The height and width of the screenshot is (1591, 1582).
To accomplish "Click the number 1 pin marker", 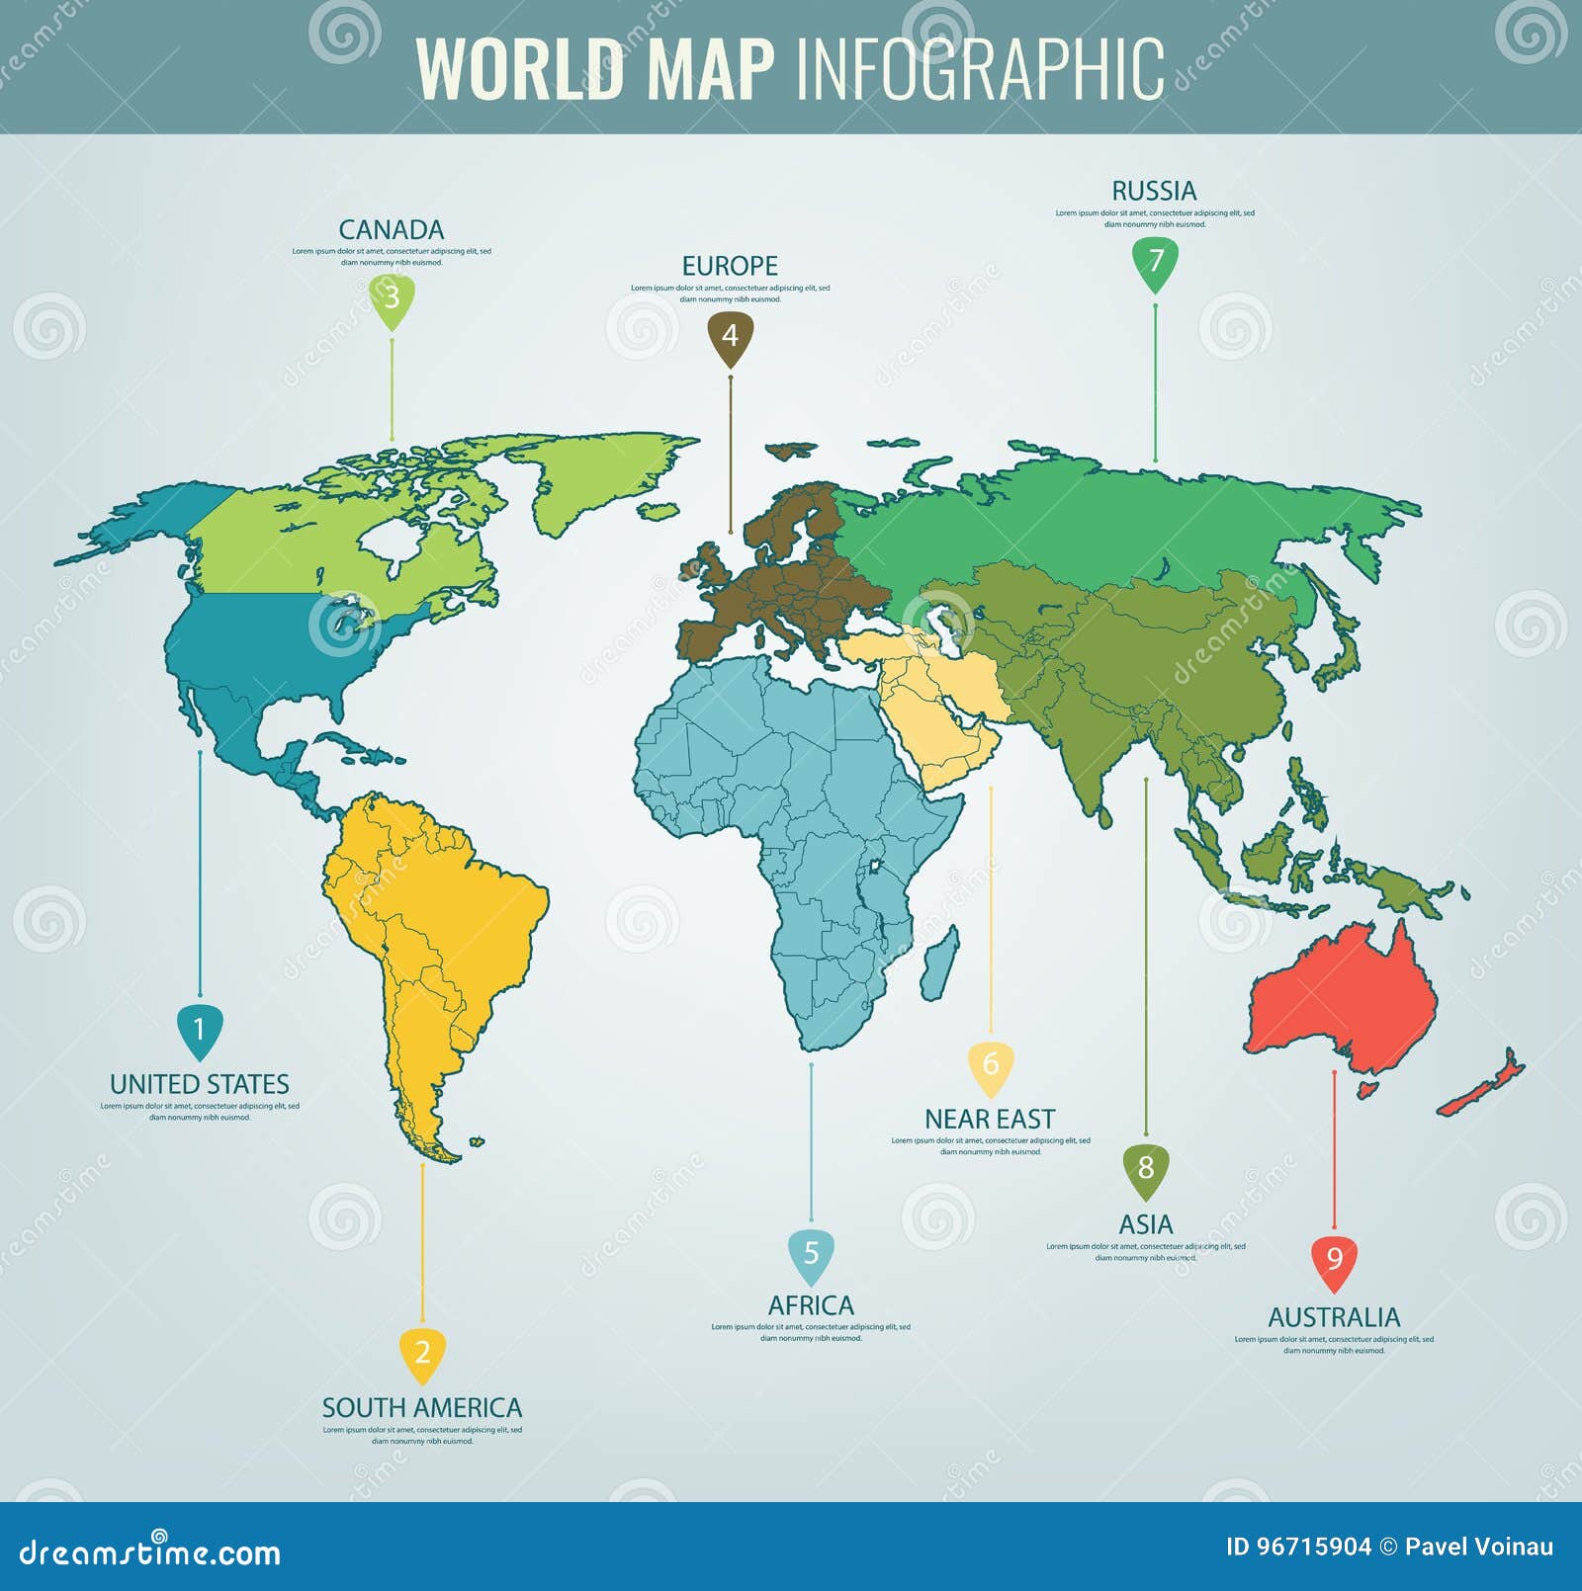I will pos(199,1031).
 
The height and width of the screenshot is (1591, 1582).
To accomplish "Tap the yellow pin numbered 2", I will pos(422,1353).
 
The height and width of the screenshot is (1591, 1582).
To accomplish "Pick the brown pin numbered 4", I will pos(730,337).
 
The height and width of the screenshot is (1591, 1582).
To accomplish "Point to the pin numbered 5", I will pos(811,1255).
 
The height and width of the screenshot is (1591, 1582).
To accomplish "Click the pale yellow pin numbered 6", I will pos(991,1065).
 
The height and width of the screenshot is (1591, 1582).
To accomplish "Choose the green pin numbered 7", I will pos(1155,262).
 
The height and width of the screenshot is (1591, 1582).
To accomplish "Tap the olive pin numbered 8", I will pos(1146,1169).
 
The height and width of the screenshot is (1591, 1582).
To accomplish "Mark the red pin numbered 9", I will pos(1334,1261).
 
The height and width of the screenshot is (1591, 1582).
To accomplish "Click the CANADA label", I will pos(392,230).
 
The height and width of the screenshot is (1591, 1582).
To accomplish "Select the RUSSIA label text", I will pos(1154,191).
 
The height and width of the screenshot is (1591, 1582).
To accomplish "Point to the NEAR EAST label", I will pos(990,1119).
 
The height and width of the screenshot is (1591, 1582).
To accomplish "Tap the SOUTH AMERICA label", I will pos(422,1408).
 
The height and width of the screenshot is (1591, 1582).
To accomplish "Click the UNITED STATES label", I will pos(200,1084).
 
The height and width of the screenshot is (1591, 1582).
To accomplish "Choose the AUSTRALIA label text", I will pos(1334,1317).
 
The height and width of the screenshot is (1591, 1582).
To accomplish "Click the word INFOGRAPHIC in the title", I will pos(980,69).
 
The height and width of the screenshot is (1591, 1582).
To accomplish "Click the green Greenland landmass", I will pos(593,474).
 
